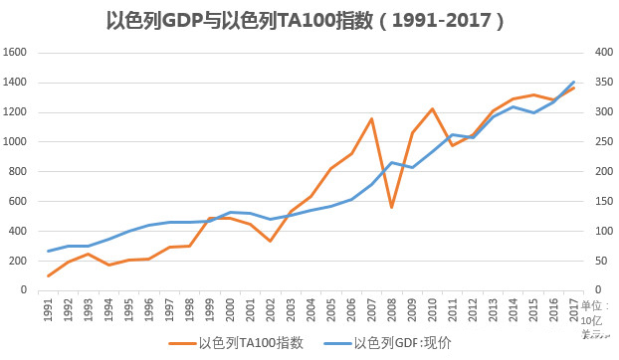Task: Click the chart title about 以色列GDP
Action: pyautogui.click(x=310, y=19)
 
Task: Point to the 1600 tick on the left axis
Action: pyautogui.click(x=17, y=52)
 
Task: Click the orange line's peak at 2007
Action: pyautogui.click(x=371, y=118)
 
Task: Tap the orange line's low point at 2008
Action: pyautogui.click(x=392, y=207)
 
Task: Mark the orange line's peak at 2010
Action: pyautogui.click(x=432, y=108)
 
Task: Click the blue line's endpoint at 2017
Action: pyautogui.click(x=574, y=82)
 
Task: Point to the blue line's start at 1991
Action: pyautogui.click(x=48, y=251)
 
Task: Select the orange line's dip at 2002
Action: pyautogui.click(x=270, y=241)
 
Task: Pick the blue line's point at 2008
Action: pyautogui.click(x=392, y=162)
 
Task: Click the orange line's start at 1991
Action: pyautogui.click(x=48, y=275)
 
